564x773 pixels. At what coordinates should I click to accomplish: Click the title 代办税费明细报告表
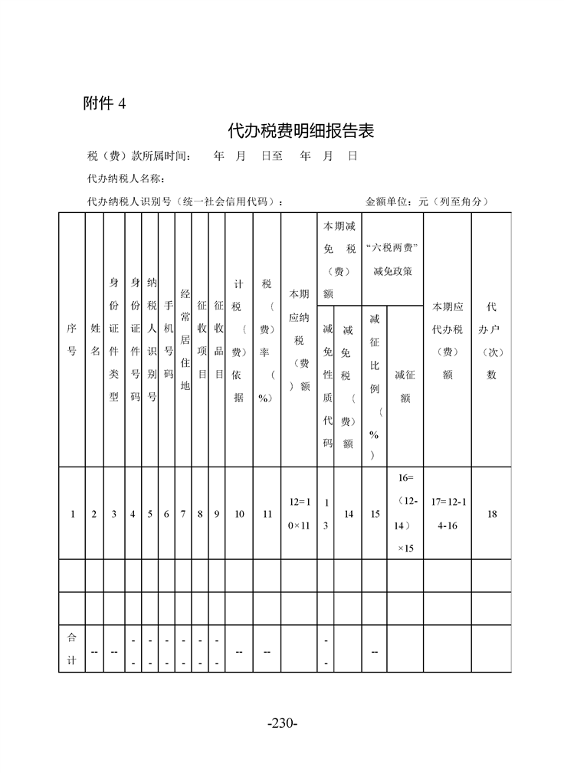point(301,131)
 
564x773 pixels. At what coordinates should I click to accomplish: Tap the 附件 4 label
point(104,104)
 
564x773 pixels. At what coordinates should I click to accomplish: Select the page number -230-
point(282,723)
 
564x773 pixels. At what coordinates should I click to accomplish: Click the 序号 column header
point(72,339)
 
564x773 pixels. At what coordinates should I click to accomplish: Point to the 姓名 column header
point(94,339)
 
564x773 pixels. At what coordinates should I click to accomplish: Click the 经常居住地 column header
point(184,339)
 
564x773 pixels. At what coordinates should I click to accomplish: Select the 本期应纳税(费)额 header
point(300,339)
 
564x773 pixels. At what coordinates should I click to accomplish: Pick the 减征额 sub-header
point(405,375)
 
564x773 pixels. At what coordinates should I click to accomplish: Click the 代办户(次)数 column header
point(491,340)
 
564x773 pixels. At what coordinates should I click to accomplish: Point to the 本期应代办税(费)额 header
point(448,340)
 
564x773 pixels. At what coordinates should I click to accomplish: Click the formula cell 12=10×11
point(300,514)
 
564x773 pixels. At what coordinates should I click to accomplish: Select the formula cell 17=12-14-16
point(448,514)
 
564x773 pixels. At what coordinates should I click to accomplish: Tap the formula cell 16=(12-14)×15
point(405,513)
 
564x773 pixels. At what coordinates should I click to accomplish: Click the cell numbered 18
point(491,514)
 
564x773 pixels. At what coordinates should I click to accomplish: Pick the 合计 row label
point(72,649)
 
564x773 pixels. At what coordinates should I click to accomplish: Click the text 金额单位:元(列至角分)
point(427,201)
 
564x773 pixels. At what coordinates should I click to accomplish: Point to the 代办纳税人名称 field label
point(126,179)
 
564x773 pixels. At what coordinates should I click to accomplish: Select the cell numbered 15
point(375,514)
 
